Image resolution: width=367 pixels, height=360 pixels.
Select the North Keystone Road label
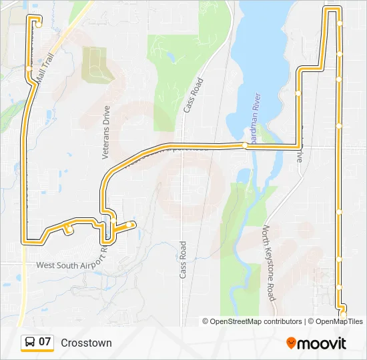269,263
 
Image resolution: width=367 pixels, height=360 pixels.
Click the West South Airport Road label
71,264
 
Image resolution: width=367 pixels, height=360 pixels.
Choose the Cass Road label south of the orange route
182,259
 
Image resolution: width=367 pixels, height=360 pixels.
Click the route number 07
45,342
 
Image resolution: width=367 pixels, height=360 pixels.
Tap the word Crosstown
86,343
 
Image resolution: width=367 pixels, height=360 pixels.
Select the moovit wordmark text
321,344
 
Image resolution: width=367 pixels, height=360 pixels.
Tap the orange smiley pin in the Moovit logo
291,343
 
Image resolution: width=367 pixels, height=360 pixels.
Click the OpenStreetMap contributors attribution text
252,321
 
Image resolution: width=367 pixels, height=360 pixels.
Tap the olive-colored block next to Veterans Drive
96,64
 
